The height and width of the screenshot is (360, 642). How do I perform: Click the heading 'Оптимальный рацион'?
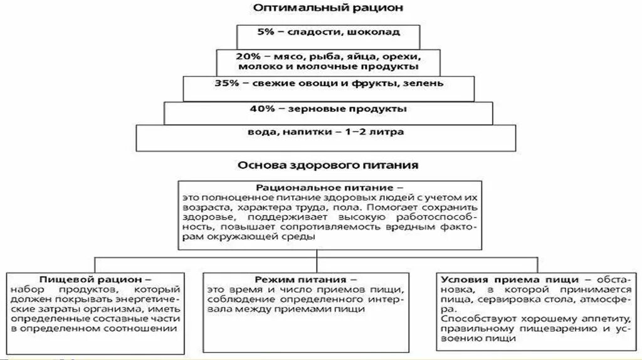(320, 8)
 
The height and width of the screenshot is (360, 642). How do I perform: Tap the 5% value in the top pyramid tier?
(266, 31)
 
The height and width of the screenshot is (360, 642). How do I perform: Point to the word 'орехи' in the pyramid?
(398, 55)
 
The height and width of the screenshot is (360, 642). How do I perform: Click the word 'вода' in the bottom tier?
(261, 132)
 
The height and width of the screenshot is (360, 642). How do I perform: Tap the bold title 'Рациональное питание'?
(325, 188)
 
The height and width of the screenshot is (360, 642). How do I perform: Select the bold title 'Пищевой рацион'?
(95, 278)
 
